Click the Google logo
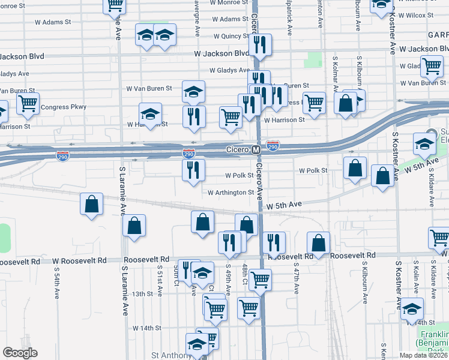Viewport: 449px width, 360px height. click(x=20, y=353)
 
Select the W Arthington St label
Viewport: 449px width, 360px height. click(x=231, y=193)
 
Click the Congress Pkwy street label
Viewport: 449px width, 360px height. click(x=64, y=107)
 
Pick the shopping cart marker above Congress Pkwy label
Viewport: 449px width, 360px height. click(x=28, y=103)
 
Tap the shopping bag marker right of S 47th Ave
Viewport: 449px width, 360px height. click(x=319, y=243)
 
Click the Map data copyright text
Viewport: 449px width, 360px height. click(x=423, y=355)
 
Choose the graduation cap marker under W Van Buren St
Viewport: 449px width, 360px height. click(x=151, y=113)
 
